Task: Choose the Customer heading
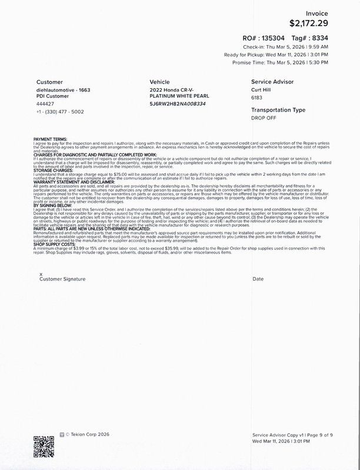tap(49, 82)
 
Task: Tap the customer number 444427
tap(45, 104)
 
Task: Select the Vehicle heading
tap(160, 82)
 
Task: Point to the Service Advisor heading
tap(272, 82)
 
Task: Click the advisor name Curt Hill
tap(262, 89)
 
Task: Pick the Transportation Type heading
tap(278, 110)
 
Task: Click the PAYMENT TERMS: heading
tap(51, 139)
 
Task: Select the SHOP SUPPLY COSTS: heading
tap(55, 248)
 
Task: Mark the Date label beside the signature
tap(258, 278)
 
